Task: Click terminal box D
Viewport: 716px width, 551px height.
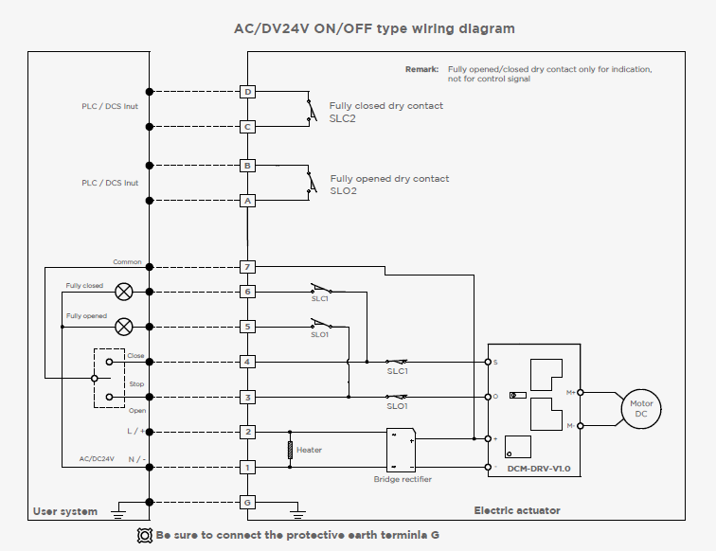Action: pos(247,92)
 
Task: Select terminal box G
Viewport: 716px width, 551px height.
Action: pos(247,502)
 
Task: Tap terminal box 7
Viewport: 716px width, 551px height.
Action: pos(247,267)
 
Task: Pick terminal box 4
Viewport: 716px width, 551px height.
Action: pos(247,362)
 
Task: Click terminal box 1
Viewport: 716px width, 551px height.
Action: pos(247,467)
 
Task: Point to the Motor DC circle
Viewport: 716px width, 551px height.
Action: pos(641,409)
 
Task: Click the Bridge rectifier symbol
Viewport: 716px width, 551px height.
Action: pos(401,450)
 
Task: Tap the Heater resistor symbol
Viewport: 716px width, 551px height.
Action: pos(290,450)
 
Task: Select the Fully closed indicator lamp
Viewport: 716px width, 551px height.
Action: pos(124,292)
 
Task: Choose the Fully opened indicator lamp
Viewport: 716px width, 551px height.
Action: pos(124,327)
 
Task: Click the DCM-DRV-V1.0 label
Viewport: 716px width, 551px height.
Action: pos(539,469)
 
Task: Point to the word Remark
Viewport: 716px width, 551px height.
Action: pos(422,69)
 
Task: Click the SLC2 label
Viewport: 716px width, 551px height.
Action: pos(343,118)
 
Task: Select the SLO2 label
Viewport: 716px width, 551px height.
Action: pos(344,191)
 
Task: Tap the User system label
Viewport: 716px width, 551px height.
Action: pos(65,512)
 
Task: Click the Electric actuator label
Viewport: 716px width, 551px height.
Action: pos(517,511)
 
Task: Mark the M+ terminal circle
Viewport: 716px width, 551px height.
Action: pos(581,393)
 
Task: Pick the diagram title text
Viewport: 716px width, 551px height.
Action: pos(374,28)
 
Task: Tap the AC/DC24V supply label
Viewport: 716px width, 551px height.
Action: pos(97,459)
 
